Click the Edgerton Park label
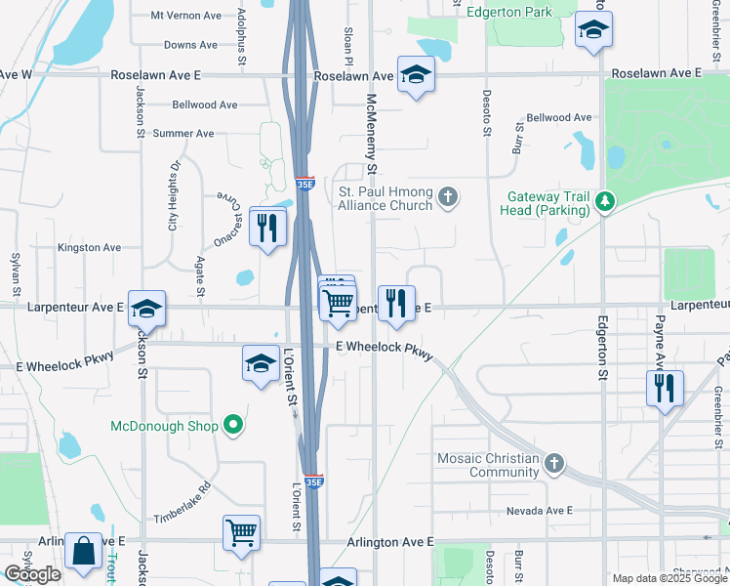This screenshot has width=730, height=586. click(x=508, y=13)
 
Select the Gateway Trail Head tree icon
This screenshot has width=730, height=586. click(x=606, y=201)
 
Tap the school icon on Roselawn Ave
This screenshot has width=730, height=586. click(x=416, y=76)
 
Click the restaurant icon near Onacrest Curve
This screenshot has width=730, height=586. click(x=266, y=227)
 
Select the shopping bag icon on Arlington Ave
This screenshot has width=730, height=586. click(x=83, y=550)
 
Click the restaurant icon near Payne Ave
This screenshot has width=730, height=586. click(x=665, y=387)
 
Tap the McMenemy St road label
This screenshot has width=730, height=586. click(x=371, y=127)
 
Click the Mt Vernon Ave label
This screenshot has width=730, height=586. click(x=186, y=16)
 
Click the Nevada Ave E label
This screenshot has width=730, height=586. click(x=539, y=511)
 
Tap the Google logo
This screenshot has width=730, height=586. click(x=32, y=574)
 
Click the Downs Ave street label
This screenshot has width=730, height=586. click(x=190, y=45)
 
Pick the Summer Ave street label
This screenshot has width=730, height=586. click(x=183, y=134)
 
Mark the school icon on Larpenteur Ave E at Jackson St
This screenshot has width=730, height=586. click(x=146, y=310)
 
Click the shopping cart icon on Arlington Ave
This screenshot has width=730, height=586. click(x=241, y=532)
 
